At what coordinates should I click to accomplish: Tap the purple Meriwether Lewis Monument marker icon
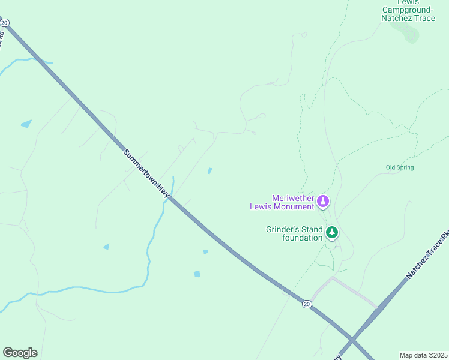tap(324, 202)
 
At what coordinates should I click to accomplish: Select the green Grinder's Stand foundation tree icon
tap(331, 232)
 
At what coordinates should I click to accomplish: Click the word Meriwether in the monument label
tap(294, 198)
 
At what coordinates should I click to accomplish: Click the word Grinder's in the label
tap(285, 229)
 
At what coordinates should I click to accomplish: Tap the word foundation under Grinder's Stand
tap(303, 238)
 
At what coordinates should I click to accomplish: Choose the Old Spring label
tap(400, 167)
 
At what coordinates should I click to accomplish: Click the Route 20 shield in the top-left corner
tap(5, 23)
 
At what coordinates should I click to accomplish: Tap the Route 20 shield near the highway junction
tap(307, 304)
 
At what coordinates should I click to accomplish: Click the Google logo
tap(20, 353)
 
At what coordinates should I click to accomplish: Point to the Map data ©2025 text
tap(423, 355)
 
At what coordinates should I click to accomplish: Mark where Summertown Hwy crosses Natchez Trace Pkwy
tap(353, 341)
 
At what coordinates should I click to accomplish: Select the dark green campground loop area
tap(411, 34)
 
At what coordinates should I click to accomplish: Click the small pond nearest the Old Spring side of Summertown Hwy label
tap(209, 171)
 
